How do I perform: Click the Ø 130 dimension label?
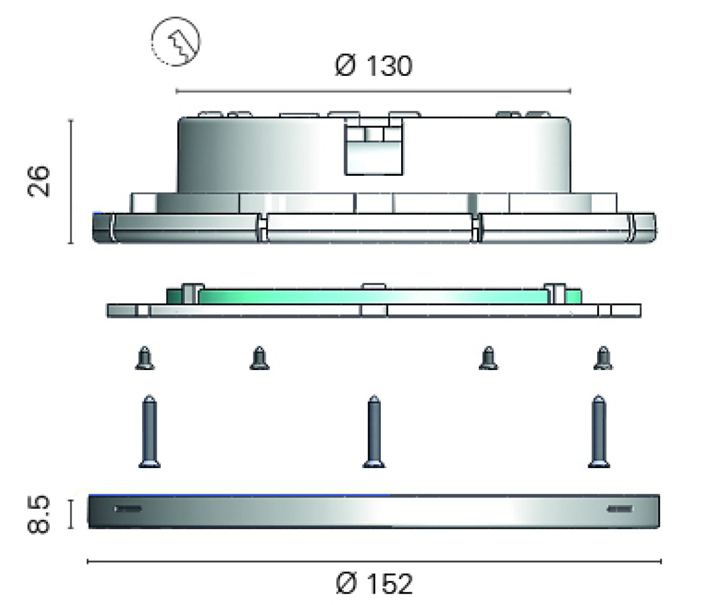coord(374,66)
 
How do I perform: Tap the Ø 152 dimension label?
coord(374,583)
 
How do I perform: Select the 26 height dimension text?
coord(38,181)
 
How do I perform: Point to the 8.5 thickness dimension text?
coord(38,514)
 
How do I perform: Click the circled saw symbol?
coord(176,41)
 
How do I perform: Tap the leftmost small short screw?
coord(145,358)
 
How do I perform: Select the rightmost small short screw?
coord(603,358)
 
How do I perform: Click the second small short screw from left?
coord(259,358)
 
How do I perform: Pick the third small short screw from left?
coord(488,358)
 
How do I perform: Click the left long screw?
coord(149,432)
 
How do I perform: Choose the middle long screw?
coord(374,432)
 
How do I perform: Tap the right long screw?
coord(598,432)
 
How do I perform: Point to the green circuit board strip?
coord(374,296)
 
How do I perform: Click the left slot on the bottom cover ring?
coord(128,509)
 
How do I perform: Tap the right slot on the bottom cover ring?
coord(619,509)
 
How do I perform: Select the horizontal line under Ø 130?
coord(373,91)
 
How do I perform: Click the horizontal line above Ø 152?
coord(374,561)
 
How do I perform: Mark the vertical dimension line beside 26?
coord(71,182)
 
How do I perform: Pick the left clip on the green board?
coord(192,294)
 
